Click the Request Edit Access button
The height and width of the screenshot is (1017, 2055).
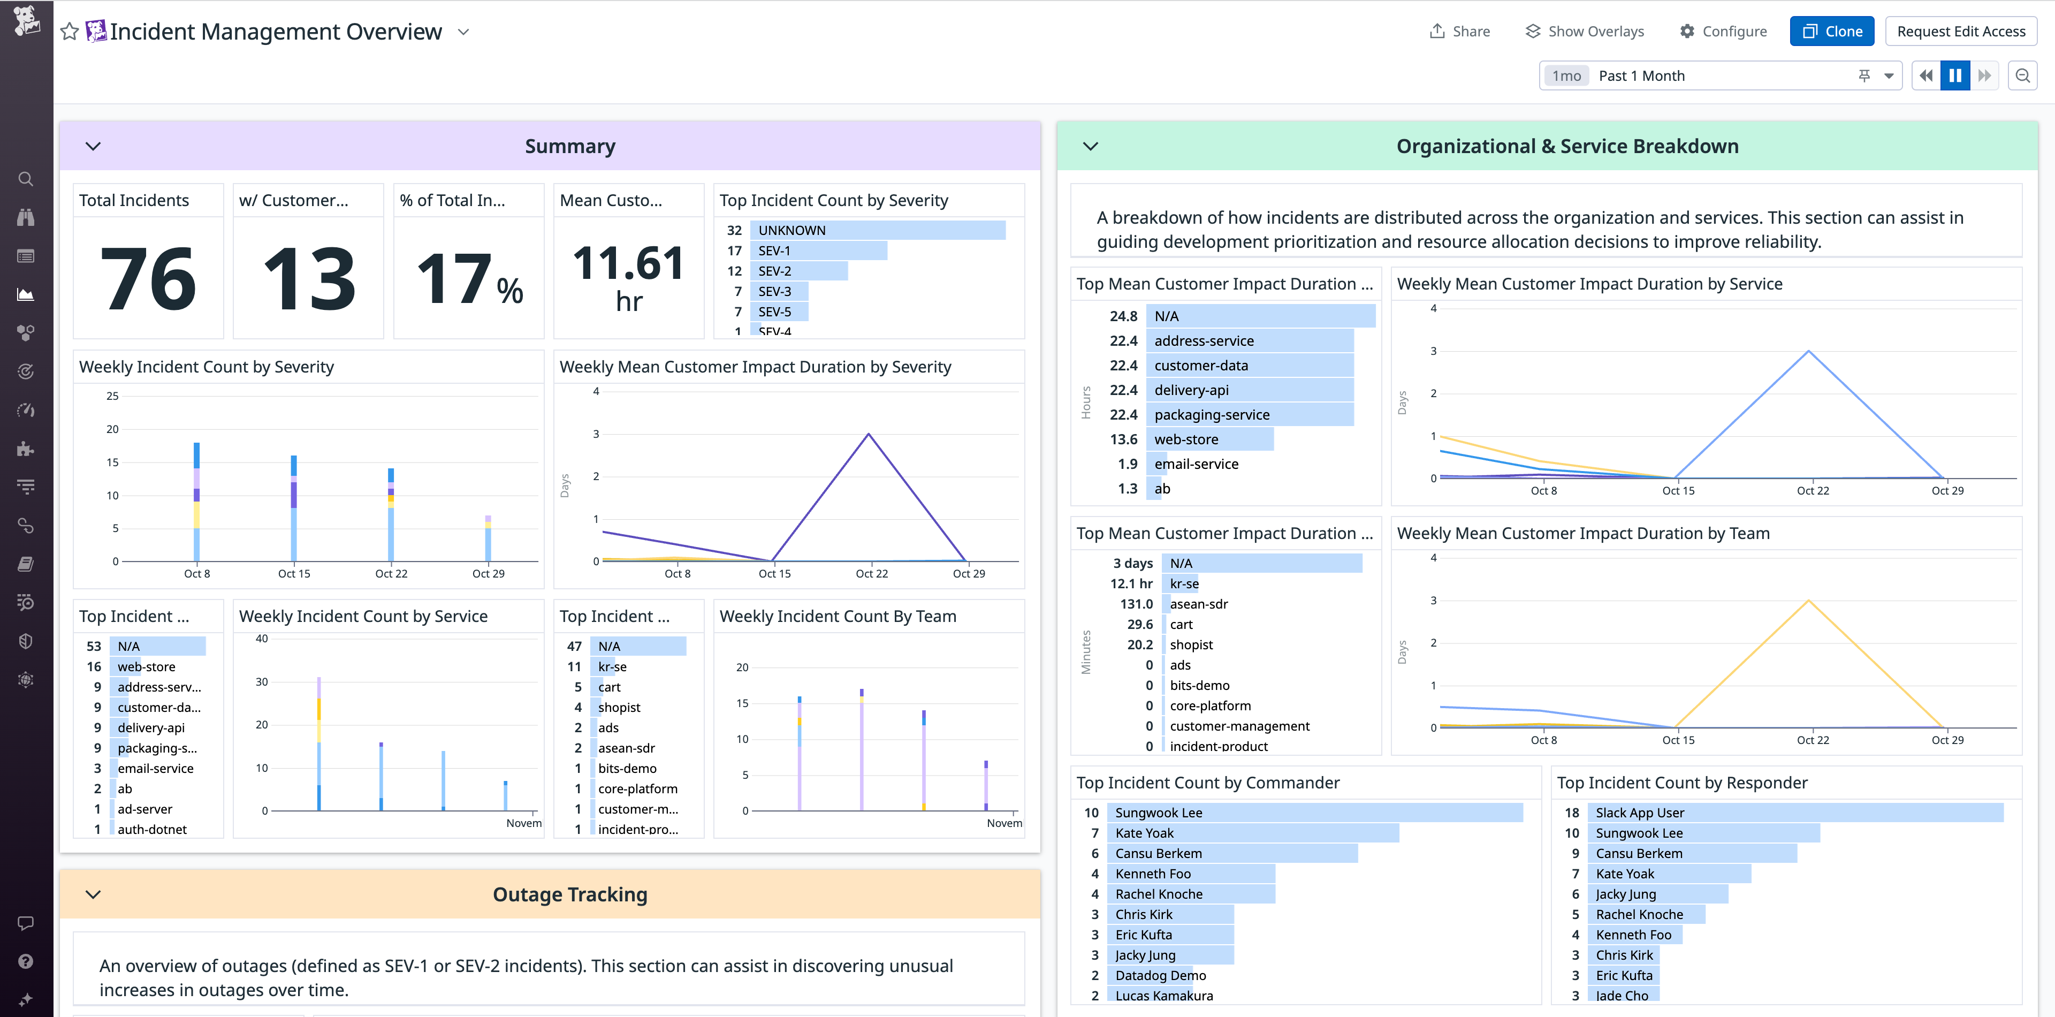tap(1960, 31)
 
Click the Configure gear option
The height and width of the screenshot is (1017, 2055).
tap(1723, 31)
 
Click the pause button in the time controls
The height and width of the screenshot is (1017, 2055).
tap(1954, 76)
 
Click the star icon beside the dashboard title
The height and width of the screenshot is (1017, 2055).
tap(70, 32)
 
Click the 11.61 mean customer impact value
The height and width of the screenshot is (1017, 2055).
tap(629, 263)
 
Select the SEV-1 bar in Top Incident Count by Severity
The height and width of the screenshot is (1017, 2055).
tap(818, 251)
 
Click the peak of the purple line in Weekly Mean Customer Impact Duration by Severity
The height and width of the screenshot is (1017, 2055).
tap(869, 434)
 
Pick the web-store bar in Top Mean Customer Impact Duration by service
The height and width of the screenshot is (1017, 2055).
tap(1208, 439)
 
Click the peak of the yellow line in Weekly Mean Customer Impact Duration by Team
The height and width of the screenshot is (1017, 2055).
tap(1808, 601)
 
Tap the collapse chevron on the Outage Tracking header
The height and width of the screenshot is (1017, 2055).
tap(93, 894)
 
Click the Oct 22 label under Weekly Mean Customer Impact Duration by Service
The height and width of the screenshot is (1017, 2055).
tap(1813, 490)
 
